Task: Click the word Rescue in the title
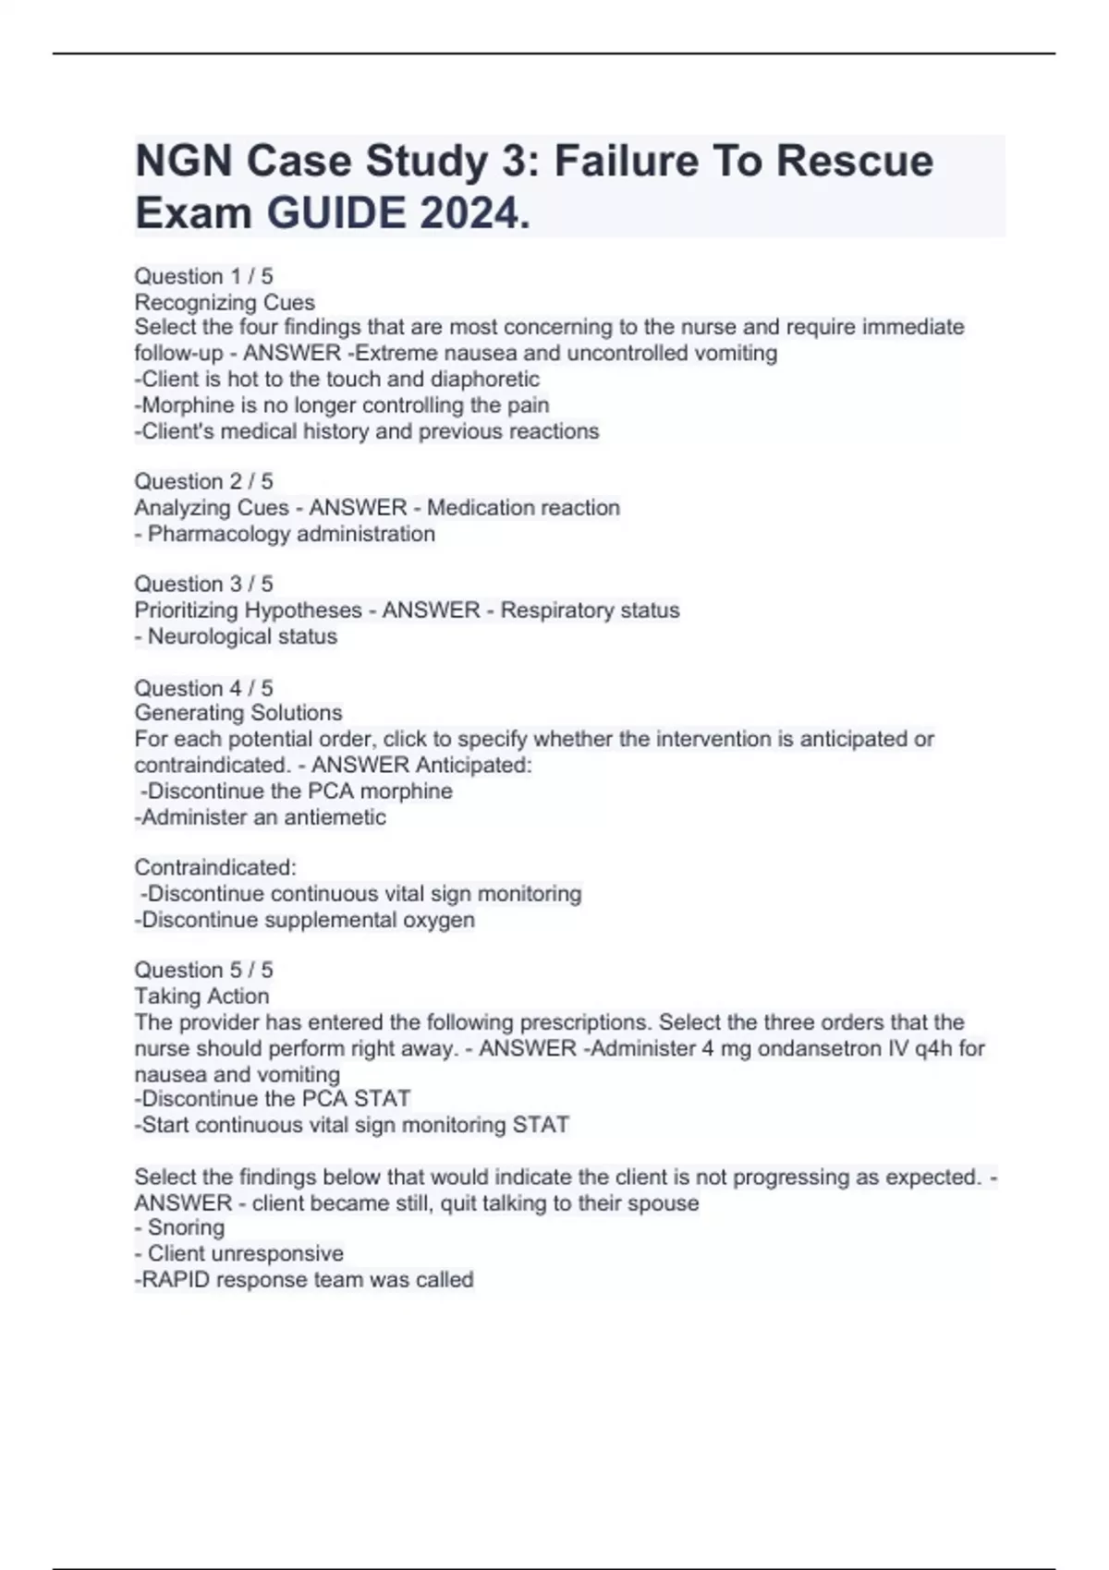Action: [854, 161]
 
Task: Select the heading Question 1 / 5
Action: [203, 276]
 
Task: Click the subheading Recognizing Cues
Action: [225, 302]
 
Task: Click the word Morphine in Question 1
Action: [175, 405]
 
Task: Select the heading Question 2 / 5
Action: [203, 481]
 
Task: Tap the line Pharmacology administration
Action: [290, 534]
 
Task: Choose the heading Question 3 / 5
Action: [203, 584]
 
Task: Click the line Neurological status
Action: [242, 636]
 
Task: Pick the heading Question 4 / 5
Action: [203, 688]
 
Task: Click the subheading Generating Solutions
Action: [238, 713]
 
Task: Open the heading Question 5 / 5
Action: [203, 970]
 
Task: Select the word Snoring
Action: [186, 1227]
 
